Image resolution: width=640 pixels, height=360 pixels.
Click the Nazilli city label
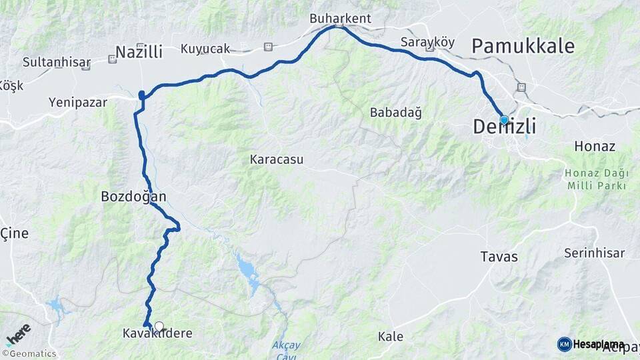click(x=139, y=52)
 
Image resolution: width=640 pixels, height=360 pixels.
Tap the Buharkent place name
click(x=340, y=19)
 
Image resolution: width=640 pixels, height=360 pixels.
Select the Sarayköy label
click(x=427, y=42)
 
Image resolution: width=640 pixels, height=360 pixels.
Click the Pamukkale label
click(x=523, y=46)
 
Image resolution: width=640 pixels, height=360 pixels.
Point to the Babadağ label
click(x=396, y=113)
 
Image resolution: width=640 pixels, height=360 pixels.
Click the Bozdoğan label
click(x=133, y=197)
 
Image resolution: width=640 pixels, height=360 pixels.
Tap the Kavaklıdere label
click(x=158, y=333)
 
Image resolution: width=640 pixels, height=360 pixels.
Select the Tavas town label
click(x=499, y=257)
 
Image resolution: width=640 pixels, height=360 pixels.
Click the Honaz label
click(x=594, y=146)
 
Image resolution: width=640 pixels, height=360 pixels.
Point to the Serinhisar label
click(x=594, y=253)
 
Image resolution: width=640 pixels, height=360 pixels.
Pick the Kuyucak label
click(x=205, y=49)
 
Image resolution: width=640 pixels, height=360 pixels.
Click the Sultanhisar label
click(x=56, y=63)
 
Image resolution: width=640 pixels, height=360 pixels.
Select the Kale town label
click(x=390, y=337)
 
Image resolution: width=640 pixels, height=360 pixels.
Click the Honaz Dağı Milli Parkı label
click(x=597, y=179)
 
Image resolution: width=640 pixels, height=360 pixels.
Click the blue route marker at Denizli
click(x=504, y=120)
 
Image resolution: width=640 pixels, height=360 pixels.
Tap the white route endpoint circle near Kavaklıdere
click(x=159, y=326)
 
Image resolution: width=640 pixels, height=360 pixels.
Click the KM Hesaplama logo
click(x=591, y=344)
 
